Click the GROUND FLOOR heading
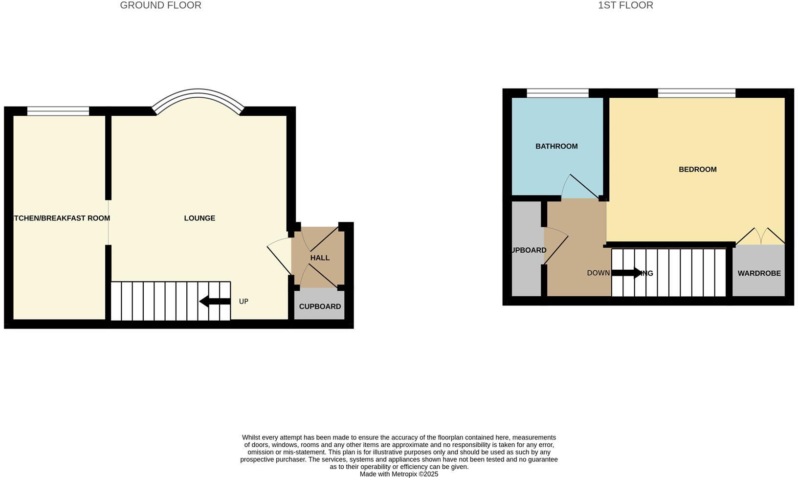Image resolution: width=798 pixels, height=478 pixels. click(160, 5)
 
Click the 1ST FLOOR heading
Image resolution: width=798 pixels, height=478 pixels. click(625, 5)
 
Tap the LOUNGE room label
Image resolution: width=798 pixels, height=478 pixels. click(199, 218)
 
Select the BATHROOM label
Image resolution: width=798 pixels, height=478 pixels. click(556, 146)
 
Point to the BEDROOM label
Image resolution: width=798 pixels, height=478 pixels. click(697, 170)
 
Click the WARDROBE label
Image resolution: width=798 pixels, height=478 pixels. click(759, 273)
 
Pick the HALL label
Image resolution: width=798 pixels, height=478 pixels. click(320, 258)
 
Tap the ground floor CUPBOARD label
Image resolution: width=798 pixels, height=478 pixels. click(320, 306)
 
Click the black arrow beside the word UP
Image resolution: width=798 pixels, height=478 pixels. click(215, 302)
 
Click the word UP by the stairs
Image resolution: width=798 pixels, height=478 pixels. click(244, 302)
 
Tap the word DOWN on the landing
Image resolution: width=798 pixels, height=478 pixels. click(598, 273)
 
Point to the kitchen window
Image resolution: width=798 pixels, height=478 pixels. click(58, 111)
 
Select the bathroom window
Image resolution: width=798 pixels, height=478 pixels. click(557, 93)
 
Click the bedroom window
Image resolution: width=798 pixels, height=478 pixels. click(696, 93)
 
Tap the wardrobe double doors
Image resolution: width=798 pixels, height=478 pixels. click(760, 236)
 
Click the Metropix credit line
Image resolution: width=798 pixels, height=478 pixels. click(399, 474)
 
